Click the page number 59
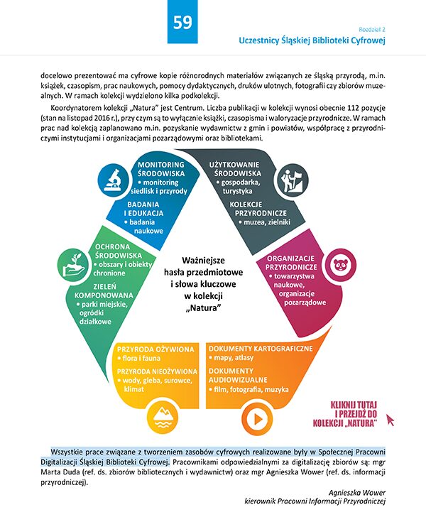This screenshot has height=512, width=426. pyautogui.click(x=182, y=23)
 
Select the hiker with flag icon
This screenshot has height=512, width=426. pyautogui.click(x=292, y=180)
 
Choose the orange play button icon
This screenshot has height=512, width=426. pyautogui.click(x=257, y=419)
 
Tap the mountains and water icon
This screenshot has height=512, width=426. pyautogui.click(x=163, y=418)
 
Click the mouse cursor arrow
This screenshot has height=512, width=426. pyautogui.click(x=390, y=420)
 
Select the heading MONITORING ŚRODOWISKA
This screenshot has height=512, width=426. pyautogui.click(x=161, y=169)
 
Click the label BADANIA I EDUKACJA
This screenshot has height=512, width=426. pyautogui.click(x=143, y=209)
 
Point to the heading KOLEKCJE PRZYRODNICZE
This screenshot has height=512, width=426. pyautogui.click(x=258, y=209)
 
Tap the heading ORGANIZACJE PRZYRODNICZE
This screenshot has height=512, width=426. pyautogui.click(x=291, y=263)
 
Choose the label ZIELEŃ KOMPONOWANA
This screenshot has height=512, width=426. pyautogui.click(x=104, y=291)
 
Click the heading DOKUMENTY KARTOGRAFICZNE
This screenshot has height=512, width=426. pyautogui.click(x=261, y=349)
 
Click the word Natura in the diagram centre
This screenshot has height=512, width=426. pyautogui.click(x=203, y=308)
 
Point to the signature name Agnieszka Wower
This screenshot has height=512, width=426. pyautogui.click(x=357, y=492)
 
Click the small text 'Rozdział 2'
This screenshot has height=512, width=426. pyautogui.click(x=372, y=29)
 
